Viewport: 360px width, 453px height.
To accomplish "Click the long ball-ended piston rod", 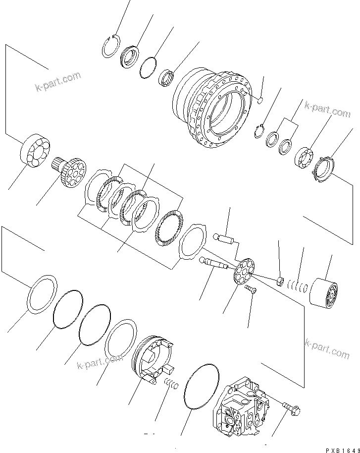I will pyautogui.click(x=213, y=263).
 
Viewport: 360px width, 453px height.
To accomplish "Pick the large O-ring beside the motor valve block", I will pyautogui.click(x=201, y=387).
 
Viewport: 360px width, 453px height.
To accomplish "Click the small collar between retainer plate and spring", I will pyautogui.click(x=280, y=282).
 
